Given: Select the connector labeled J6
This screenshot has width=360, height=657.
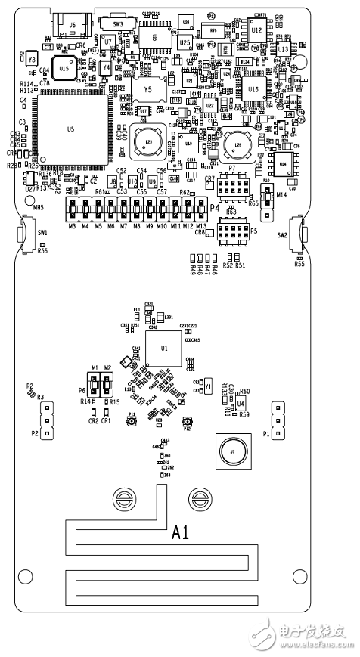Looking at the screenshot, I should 72,29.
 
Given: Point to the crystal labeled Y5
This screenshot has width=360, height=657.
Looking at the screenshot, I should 148,88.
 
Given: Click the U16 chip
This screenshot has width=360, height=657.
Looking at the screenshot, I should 252,89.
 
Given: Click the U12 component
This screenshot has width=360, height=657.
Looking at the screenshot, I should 256,31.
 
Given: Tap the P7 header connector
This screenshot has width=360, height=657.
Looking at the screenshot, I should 231,185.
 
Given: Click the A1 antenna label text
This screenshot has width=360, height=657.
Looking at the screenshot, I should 180,534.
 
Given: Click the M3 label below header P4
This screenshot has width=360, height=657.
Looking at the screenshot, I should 72,226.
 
